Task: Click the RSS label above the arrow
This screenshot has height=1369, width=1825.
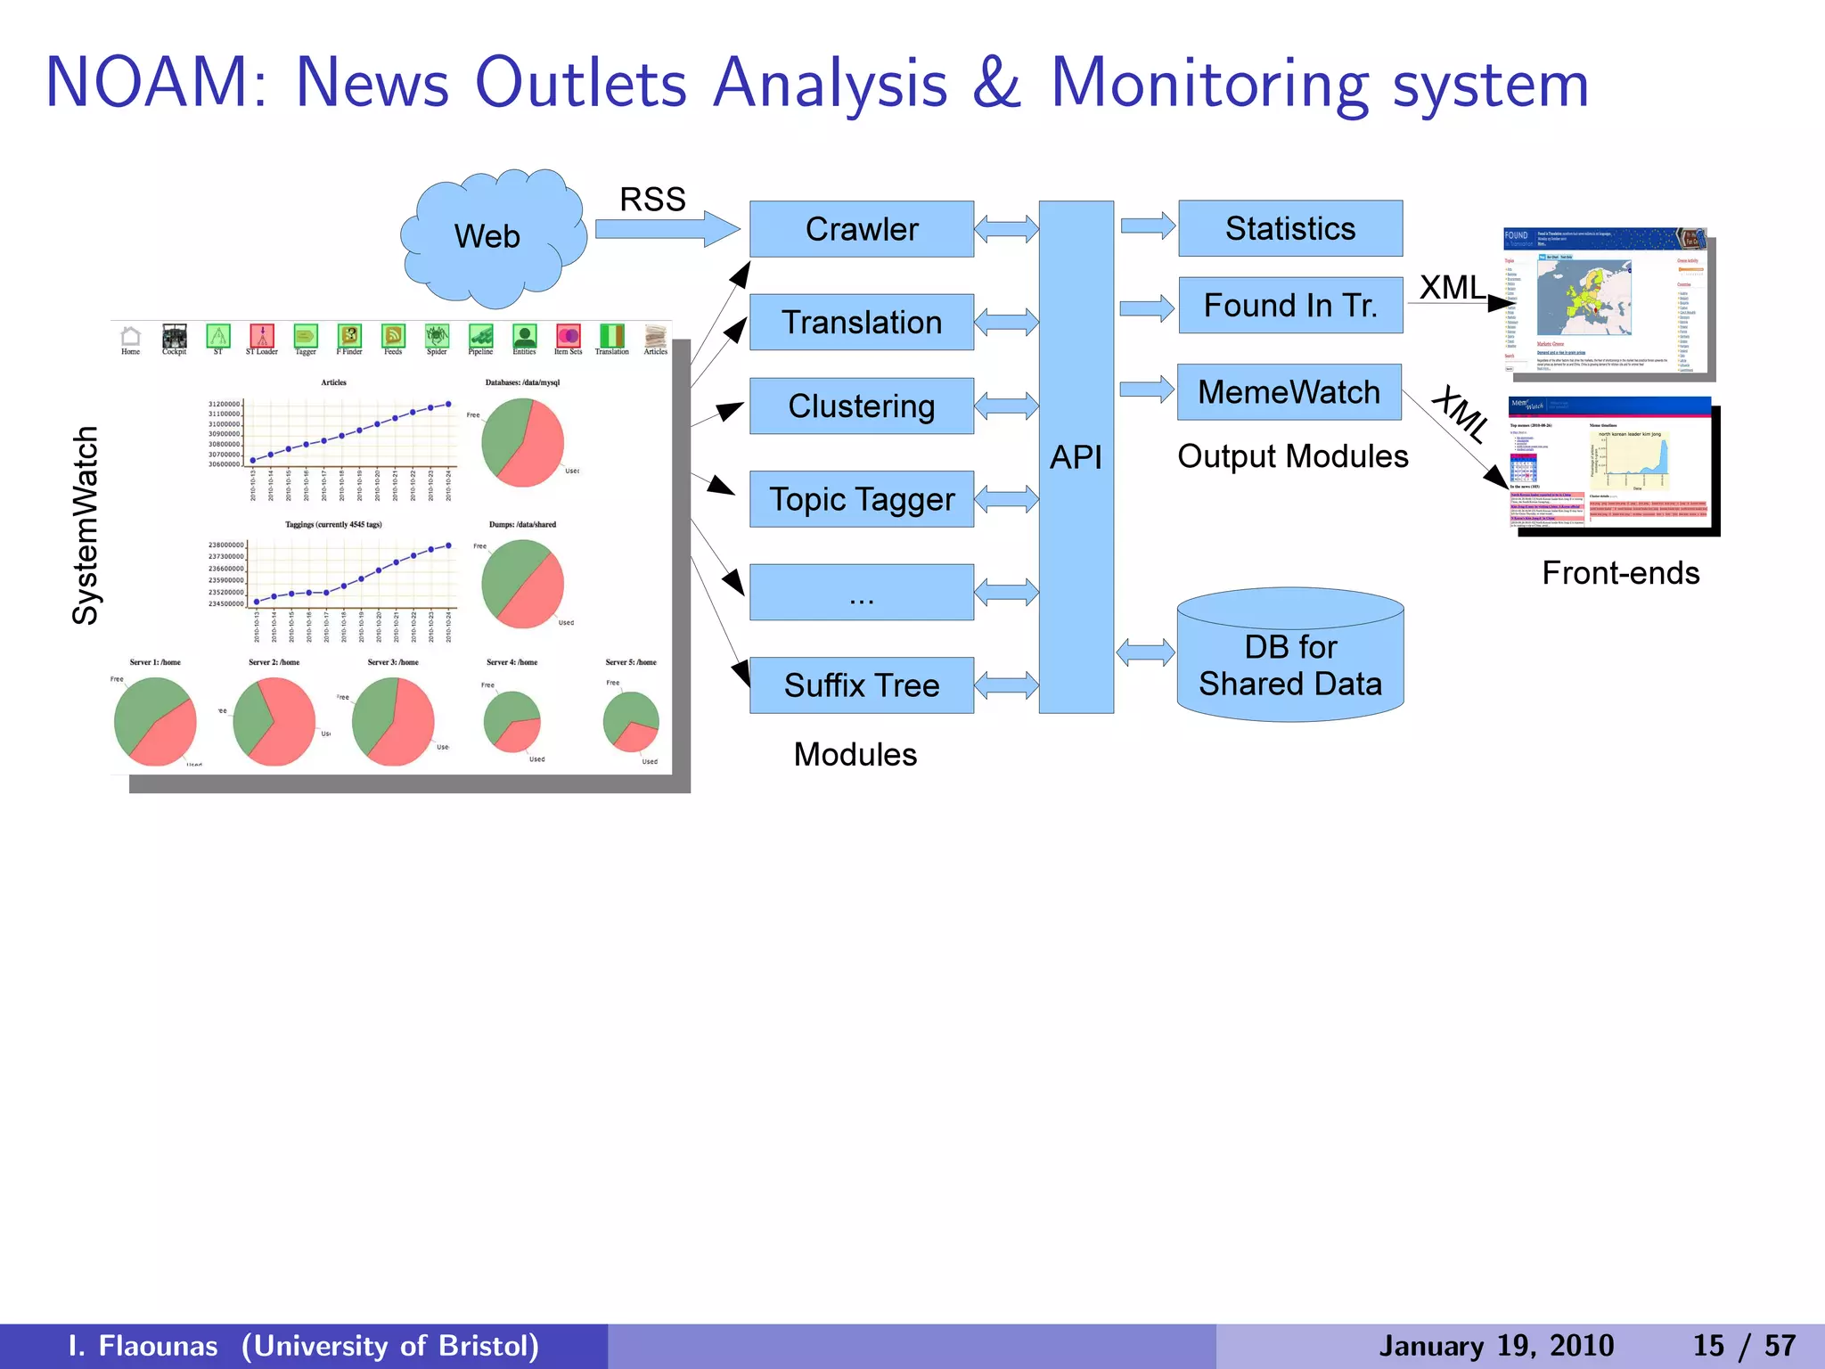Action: tap(652, 200)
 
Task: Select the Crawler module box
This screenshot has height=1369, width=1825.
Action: tap(861, 229)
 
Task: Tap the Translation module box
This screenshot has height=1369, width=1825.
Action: tap(861, 322)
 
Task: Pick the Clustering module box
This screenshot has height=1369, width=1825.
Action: tap(861, 406)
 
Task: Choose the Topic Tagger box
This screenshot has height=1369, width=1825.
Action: tap(861, 499)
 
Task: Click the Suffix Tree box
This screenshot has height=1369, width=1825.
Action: tap(861, 685)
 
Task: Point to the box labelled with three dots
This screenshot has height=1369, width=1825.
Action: tap(861, 593)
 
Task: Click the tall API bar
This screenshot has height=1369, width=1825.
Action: tap(1076, 457)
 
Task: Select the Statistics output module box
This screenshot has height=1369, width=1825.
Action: tap(1289, 228)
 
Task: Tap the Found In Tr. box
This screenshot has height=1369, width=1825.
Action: tap(1289, 306)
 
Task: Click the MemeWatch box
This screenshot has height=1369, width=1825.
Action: tap(1289, 392)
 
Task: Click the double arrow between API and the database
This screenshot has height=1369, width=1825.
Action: tap(1145, 652)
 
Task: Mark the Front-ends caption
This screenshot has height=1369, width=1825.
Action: tap(1620, 573)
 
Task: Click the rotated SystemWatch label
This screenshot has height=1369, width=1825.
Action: tap(86, 526)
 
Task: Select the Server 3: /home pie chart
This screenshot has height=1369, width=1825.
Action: tap(393, 721)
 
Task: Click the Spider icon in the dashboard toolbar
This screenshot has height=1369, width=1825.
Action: tap(437, 337)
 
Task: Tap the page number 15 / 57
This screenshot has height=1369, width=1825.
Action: tap(1744, 1346)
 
